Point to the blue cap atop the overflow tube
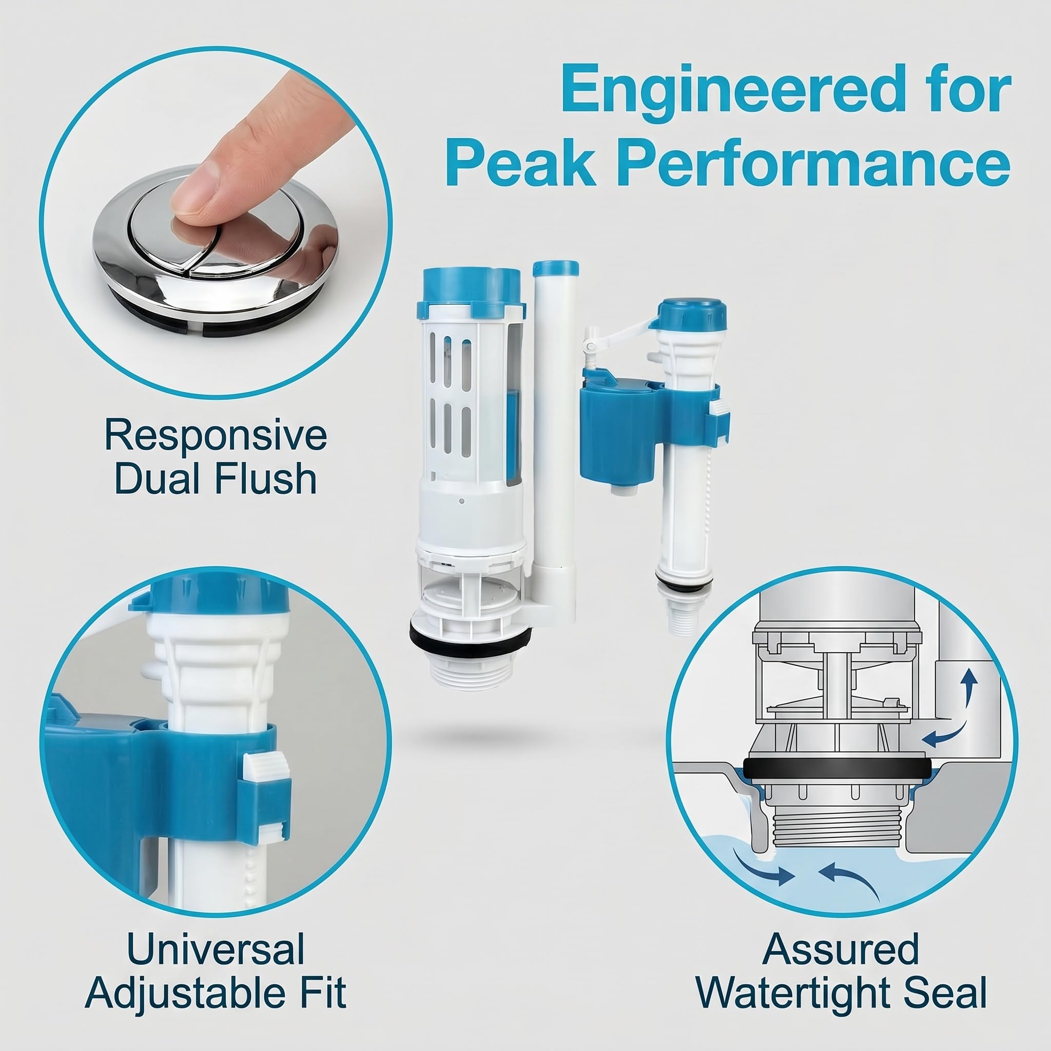pyautogui.click(x=555, y=268)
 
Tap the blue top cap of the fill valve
pyautogui.click(x=691, y=315)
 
